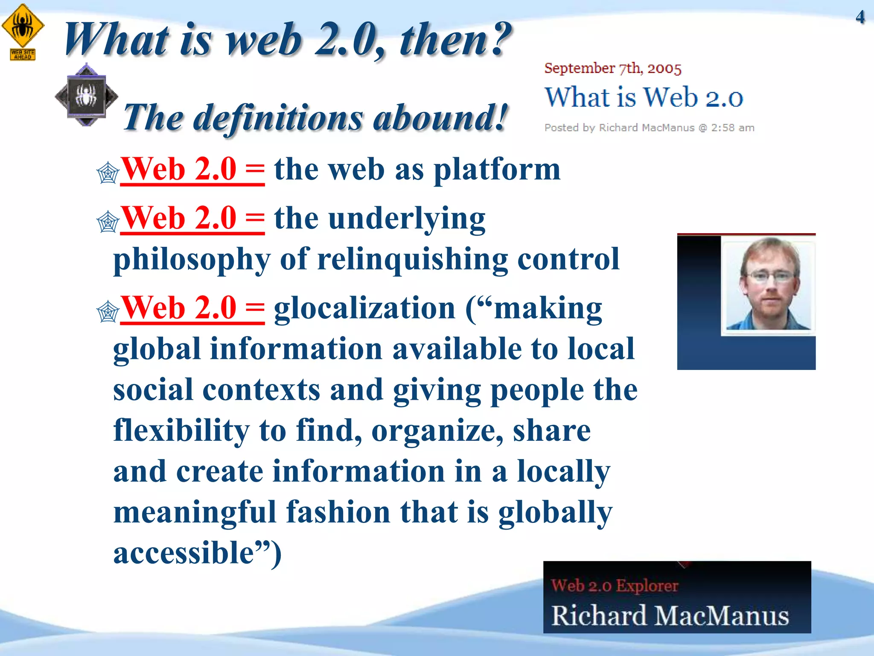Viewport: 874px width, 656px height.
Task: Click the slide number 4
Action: [x=860, y=17]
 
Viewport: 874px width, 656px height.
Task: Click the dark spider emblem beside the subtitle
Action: [x=87, y=95]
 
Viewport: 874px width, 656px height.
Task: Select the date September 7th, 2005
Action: [x=613, y=68]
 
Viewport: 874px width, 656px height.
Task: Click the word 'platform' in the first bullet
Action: [x=497, y=170]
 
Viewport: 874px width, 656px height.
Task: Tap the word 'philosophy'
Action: [x=192, y=260]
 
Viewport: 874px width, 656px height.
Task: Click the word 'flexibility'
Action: [x=181, y=430]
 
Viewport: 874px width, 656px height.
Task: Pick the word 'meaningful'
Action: [x=195, y=512]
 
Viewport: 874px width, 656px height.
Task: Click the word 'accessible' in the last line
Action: [x=184, y=553]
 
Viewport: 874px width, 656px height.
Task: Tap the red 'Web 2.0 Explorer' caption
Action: [x=615, y=586]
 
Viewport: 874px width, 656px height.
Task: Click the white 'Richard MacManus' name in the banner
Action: [x=670, y=615]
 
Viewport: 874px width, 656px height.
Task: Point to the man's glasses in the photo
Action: [x=771, y=276]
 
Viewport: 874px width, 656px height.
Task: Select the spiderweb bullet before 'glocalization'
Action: [x=108, y=312]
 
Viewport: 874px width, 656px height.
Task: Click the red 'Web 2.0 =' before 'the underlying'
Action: [x=192, y=218]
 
